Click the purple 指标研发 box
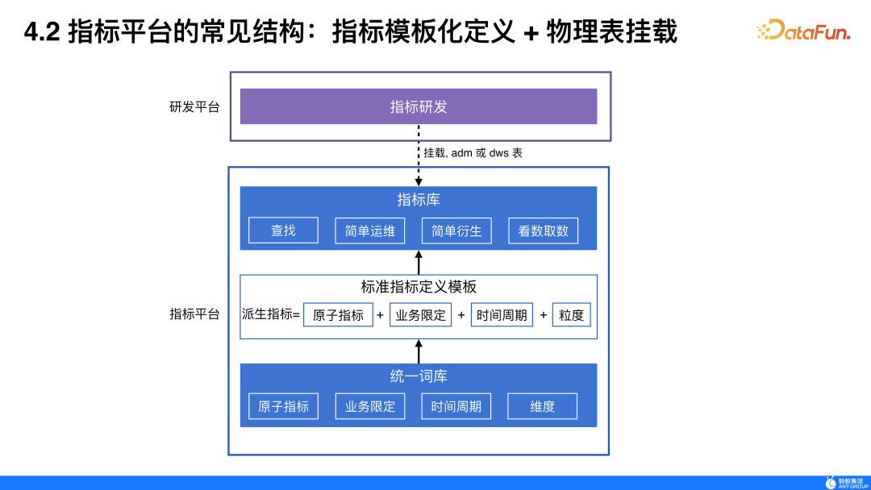[x=419, y=106]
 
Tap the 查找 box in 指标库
[x=283, y=230]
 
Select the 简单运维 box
[x=370, y=230]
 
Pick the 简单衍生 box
[x=456, y=230]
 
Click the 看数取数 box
[x=544, y=230]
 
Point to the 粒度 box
[x=571, y=315]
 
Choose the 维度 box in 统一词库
[x=543, y=406]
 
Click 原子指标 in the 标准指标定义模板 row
[x=338, y=315]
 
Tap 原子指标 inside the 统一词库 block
[x=283, y=406]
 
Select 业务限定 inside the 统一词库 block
[x=370, y=406]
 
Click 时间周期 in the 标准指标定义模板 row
[x=502, y=315]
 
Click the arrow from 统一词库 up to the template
[x=419, y=351]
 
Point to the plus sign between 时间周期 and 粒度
[x=543, y=315]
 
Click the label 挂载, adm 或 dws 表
[x=473, y=152]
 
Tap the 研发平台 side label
[x=194, y=106]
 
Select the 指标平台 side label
[x=194, y=314]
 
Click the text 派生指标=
[x=271, y=314]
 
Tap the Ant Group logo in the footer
[x=847, y=482]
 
